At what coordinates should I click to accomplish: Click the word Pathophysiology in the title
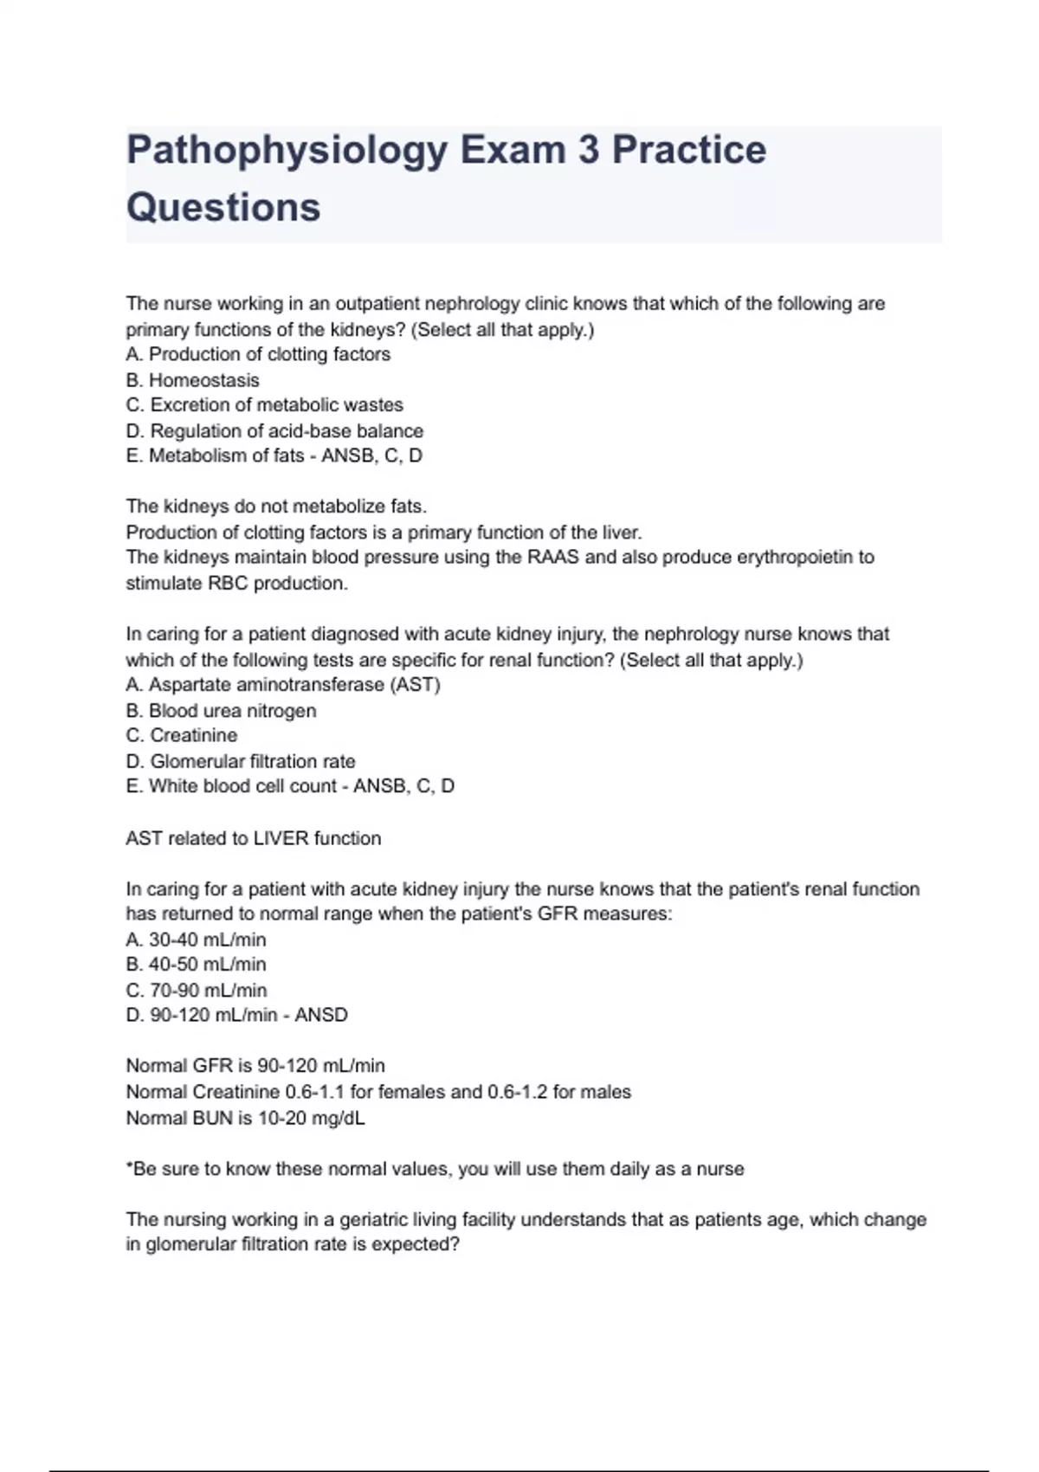(x=287, y=151)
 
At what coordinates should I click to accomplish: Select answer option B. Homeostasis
(x=192, y=380)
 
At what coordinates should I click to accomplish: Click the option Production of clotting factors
(x=258, y=354)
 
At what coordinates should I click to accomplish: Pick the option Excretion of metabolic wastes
(x=264, y=405)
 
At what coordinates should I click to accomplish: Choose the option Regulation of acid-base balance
(x=274, y=431)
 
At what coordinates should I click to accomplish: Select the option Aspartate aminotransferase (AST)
(x=283, y=685)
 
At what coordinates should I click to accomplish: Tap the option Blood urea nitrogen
(x=221, y=711)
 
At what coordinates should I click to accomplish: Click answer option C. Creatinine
(x=182, y=735)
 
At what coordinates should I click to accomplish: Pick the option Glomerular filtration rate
(x=241, y=761)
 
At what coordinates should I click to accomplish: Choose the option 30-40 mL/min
(x=197, y=939)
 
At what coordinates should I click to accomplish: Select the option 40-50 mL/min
(x=197, y=965)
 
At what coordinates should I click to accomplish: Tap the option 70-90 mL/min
(x=197, y=990)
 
